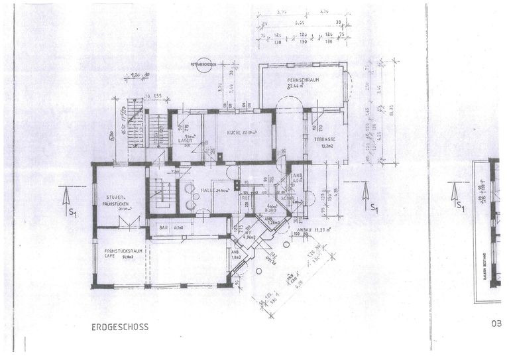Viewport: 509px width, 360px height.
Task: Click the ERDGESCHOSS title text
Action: pyautogui.click(x=120, y=327)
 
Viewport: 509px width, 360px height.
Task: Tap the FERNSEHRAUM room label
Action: pyautogui.click(x=303, y=82)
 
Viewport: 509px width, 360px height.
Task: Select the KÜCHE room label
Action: pyautogui.click(x=238, y=133)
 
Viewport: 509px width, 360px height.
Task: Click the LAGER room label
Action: pyautogui.click(x=185, y=141)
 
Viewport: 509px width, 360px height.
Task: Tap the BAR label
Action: pyautogui.click(x=163, y=228)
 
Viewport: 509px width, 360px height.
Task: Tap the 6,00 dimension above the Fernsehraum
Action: pyautogui.click(x=300, y=22)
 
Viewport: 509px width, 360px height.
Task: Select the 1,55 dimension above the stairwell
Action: pyautogui.click(x=158, y=97)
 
